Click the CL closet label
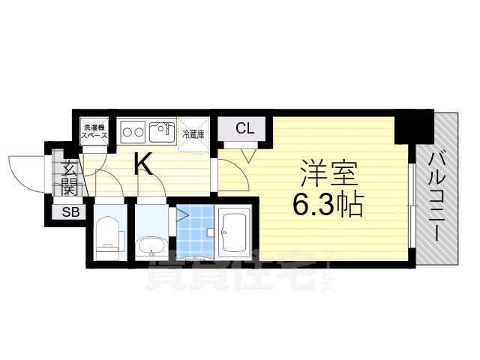click(x=245, y=128)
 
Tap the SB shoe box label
click(x=70, y=211)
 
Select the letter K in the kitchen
click(x=144, y=164)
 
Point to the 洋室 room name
click(x=329, y=173)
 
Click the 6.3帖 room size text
click(x=328, y=205)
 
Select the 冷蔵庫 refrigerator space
click(x=193, y=135)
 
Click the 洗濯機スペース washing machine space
click(x=94, y=131)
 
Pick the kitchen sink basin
click(x=162, y=132)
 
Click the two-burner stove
click(x=133, y=132)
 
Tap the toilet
click(x=106, y=234)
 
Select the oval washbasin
click(x=151, y=247)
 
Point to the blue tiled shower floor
click(x=195, y=232)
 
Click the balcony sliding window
click(x=412, y=205)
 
